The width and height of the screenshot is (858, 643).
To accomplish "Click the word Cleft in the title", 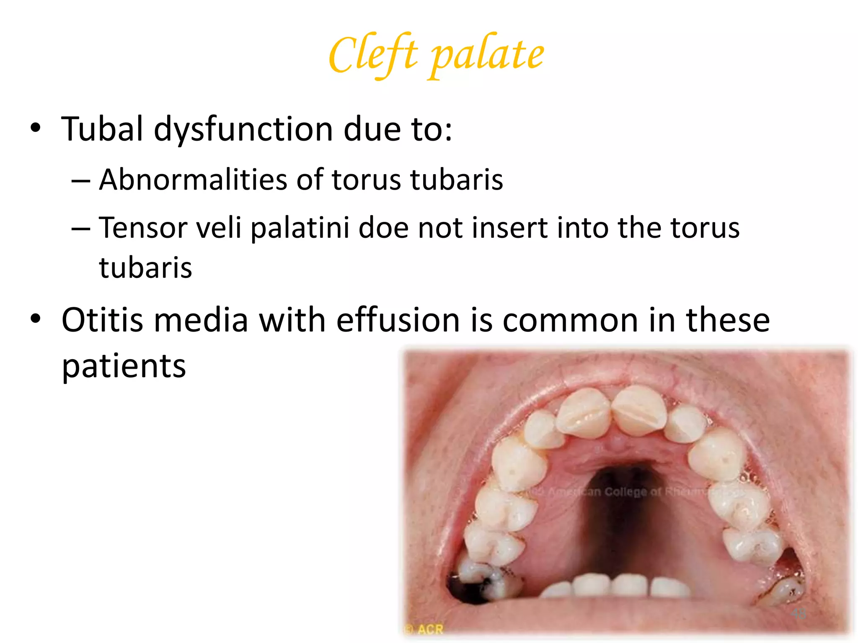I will tap(373, 54).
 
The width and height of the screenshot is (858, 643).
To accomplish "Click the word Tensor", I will tap(142, 228).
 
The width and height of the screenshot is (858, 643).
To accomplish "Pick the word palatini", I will tap(300, 228).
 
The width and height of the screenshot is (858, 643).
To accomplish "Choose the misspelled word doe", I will tap(383, 228).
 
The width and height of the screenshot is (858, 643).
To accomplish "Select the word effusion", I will tap(398, 320).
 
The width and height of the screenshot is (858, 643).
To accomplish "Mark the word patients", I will tap(124, 366).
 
